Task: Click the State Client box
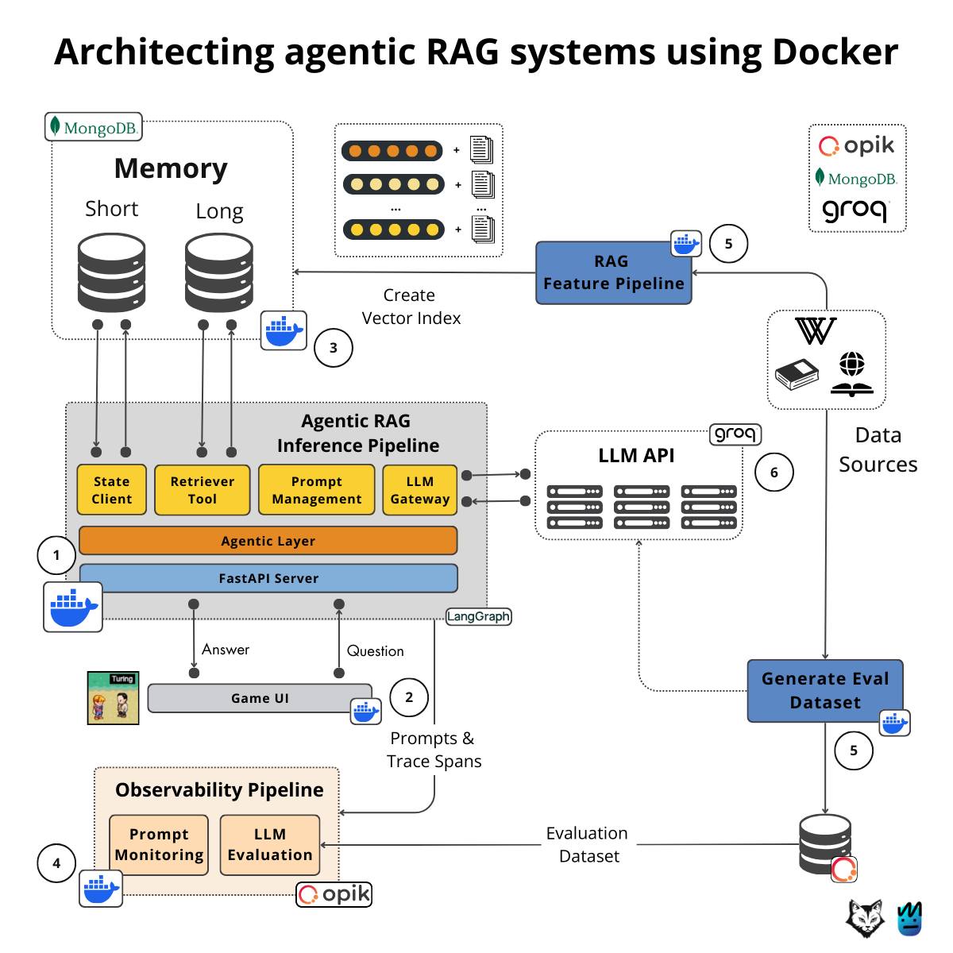tap(111, 489)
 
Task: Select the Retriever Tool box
tap(202, 489)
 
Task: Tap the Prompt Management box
tap(316, 489)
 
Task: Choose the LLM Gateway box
tap(419, 489)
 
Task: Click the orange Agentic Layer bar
tap(268, 540)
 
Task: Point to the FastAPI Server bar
tap(268, 577)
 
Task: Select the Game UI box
tap(260, 697)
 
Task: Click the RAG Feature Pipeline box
tap(613, 272)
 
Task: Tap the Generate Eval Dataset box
tap(824, 690)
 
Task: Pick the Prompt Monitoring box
tap(159, 845)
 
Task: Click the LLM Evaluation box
tap(269, 845)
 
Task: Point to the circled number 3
tap(334, 348)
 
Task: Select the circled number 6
tap(774, 472)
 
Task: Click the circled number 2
tap(409, 696)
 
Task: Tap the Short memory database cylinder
tap(111, 272)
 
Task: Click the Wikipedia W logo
tap(816, 331)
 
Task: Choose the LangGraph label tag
tap(478, 616)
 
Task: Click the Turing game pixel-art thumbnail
tap(113, 697)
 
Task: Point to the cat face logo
tap(865, 918)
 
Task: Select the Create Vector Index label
tap(411, 307)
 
